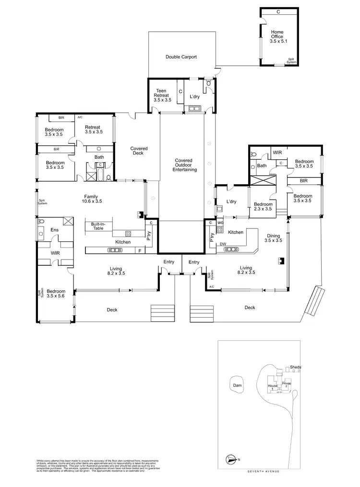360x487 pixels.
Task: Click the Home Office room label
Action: point(277,37)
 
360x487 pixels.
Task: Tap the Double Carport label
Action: point(181,57)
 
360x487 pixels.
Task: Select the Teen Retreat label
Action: point(162,95)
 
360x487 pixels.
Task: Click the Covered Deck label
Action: point(139,151)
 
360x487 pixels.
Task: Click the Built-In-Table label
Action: point(98,226)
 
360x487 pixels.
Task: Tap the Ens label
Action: point(54,230)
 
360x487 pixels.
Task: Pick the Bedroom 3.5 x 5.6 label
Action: point(56,294)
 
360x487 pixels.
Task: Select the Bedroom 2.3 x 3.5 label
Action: point(263,206)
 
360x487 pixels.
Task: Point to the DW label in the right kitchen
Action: point(223,244)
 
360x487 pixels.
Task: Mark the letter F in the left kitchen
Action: point(140,250)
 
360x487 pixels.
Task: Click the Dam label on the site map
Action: point(237,385)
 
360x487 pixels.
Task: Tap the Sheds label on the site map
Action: point(296,367)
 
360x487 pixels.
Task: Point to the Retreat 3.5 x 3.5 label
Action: point(94,129)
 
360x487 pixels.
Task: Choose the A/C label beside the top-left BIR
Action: point(80,117)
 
